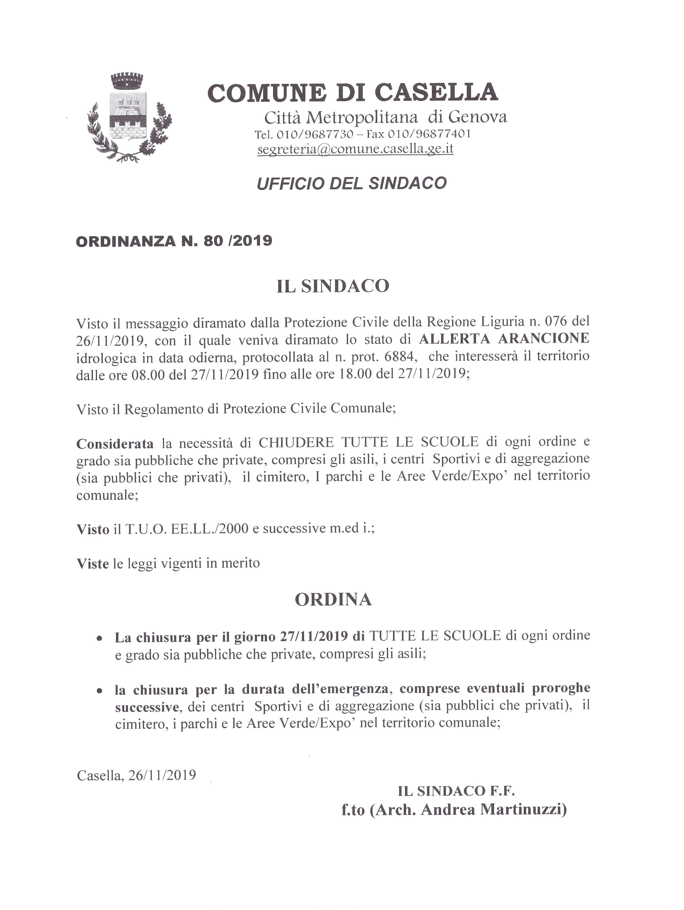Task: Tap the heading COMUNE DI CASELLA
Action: coord(353,92)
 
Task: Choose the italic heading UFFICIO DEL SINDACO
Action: coord(351,183)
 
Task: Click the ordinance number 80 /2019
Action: coord(238,241)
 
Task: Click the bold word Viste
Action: coord(93,563)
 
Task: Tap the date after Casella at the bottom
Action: coord(162,775)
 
